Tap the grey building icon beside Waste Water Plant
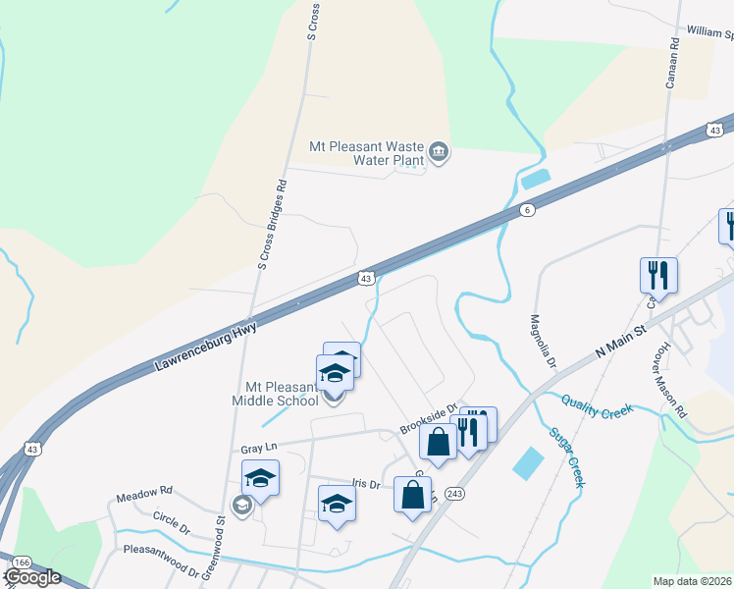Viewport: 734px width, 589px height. click(x=439, y=152)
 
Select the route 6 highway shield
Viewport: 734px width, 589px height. click(x=527, y=211)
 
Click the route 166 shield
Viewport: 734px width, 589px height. click(x=22, y=562)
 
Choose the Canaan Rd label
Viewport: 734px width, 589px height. click(x=673, y=63)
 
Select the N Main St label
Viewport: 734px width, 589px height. click(x=621, y=340)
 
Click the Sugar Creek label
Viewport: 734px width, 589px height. click(x=567, y=457)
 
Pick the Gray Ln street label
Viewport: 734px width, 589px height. click(x=259, y=448)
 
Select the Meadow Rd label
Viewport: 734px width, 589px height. click(x=144, y=491)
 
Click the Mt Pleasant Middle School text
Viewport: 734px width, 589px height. click(x=276, y=394)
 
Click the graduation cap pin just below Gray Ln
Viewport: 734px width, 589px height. click(x=260, y=478)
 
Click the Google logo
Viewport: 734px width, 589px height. click(x=32, y=577)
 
